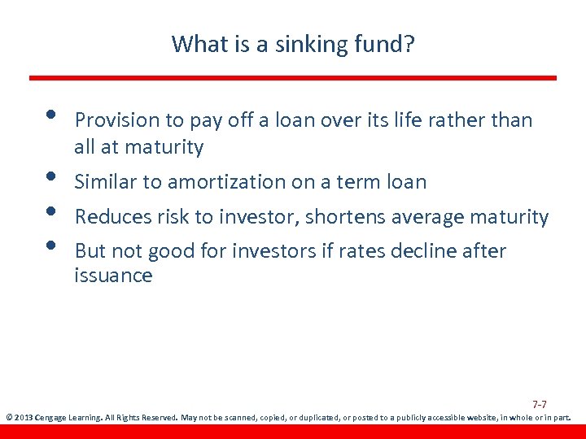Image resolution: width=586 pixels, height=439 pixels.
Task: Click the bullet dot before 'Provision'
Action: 50,113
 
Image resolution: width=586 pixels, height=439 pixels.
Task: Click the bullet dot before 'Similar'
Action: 50,176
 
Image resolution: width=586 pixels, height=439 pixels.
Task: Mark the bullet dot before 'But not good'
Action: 50,245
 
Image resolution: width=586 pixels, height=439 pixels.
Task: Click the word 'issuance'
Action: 113,276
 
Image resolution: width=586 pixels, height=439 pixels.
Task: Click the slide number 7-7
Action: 539,404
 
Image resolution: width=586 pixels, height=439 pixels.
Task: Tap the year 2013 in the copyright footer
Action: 24,418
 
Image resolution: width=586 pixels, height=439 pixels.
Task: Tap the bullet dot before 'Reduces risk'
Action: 50,211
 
